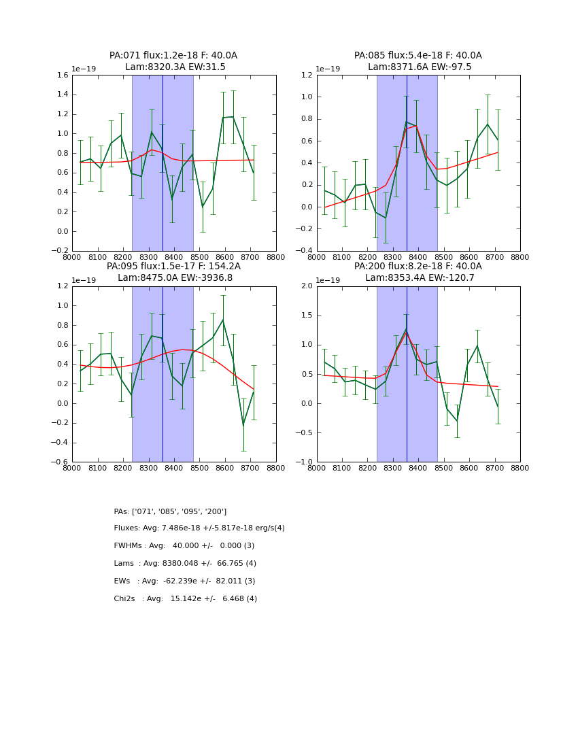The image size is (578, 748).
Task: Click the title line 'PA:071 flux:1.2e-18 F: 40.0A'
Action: pos(173,56)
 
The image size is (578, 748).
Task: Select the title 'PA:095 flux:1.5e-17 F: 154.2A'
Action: pos(173,267)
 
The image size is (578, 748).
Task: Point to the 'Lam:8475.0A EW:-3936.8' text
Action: pos(174,278)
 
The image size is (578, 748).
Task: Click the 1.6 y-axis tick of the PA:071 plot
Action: pos(63,75)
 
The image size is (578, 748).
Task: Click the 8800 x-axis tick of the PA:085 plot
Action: pos(520,258)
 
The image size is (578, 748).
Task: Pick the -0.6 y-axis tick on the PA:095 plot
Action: pos(61,462)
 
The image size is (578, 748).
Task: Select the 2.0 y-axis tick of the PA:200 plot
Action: pos(307,286)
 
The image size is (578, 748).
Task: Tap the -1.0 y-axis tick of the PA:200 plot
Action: pos(305,462)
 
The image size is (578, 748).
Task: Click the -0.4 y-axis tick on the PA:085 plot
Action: pos(305,251)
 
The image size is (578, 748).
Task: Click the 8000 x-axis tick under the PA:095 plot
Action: pos(72,469)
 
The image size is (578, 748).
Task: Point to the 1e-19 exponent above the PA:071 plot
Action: pos(84,69)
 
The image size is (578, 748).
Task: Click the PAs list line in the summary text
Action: pos(170,511)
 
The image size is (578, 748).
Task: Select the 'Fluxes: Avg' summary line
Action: pos(199,528)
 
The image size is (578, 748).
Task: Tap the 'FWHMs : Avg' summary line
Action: pos(184,546)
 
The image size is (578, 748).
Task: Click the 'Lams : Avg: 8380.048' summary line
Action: pos(185,564)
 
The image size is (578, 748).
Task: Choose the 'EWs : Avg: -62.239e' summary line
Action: pos(184,581)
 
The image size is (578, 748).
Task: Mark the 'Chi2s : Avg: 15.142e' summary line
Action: pos(185,599)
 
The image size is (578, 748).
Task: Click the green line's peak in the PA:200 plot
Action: pos(406,329)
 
